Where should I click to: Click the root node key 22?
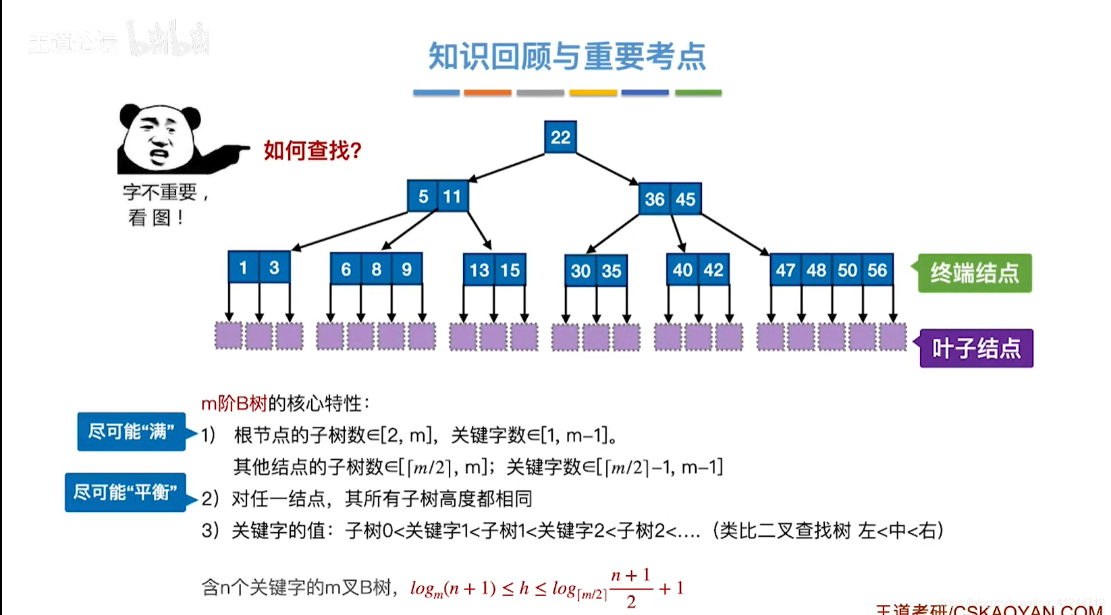tap(560, 137)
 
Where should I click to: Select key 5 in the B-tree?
tap(423, 196)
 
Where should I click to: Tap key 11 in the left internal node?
tap(452, 196)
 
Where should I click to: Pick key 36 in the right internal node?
tap(655, 199)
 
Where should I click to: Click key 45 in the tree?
tap(685, 199)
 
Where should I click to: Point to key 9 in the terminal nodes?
tap(406, 269)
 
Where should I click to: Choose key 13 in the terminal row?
tap(479, 270)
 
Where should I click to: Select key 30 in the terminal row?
tap(580, 271)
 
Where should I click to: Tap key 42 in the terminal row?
tap(713, 270)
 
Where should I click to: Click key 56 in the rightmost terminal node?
tap(877, 270)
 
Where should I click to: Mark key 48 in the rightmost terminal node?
tap(816, 270)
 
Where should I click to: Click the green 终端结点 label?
tap(974, 273)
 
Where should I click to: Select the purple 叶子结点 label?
tap(976, 349)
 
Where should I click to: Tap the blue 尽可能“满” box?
tap(132, 432)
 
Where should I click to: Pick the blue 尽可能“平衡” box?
tap(126, 492)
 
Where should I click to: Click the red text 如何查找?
tap(313, 150)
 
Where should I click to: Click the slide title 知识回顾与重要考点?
tap(567, 57)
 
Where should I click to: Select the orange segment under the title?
tap(487, 92)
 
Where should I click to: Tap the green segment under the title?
tap(698, 92)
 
